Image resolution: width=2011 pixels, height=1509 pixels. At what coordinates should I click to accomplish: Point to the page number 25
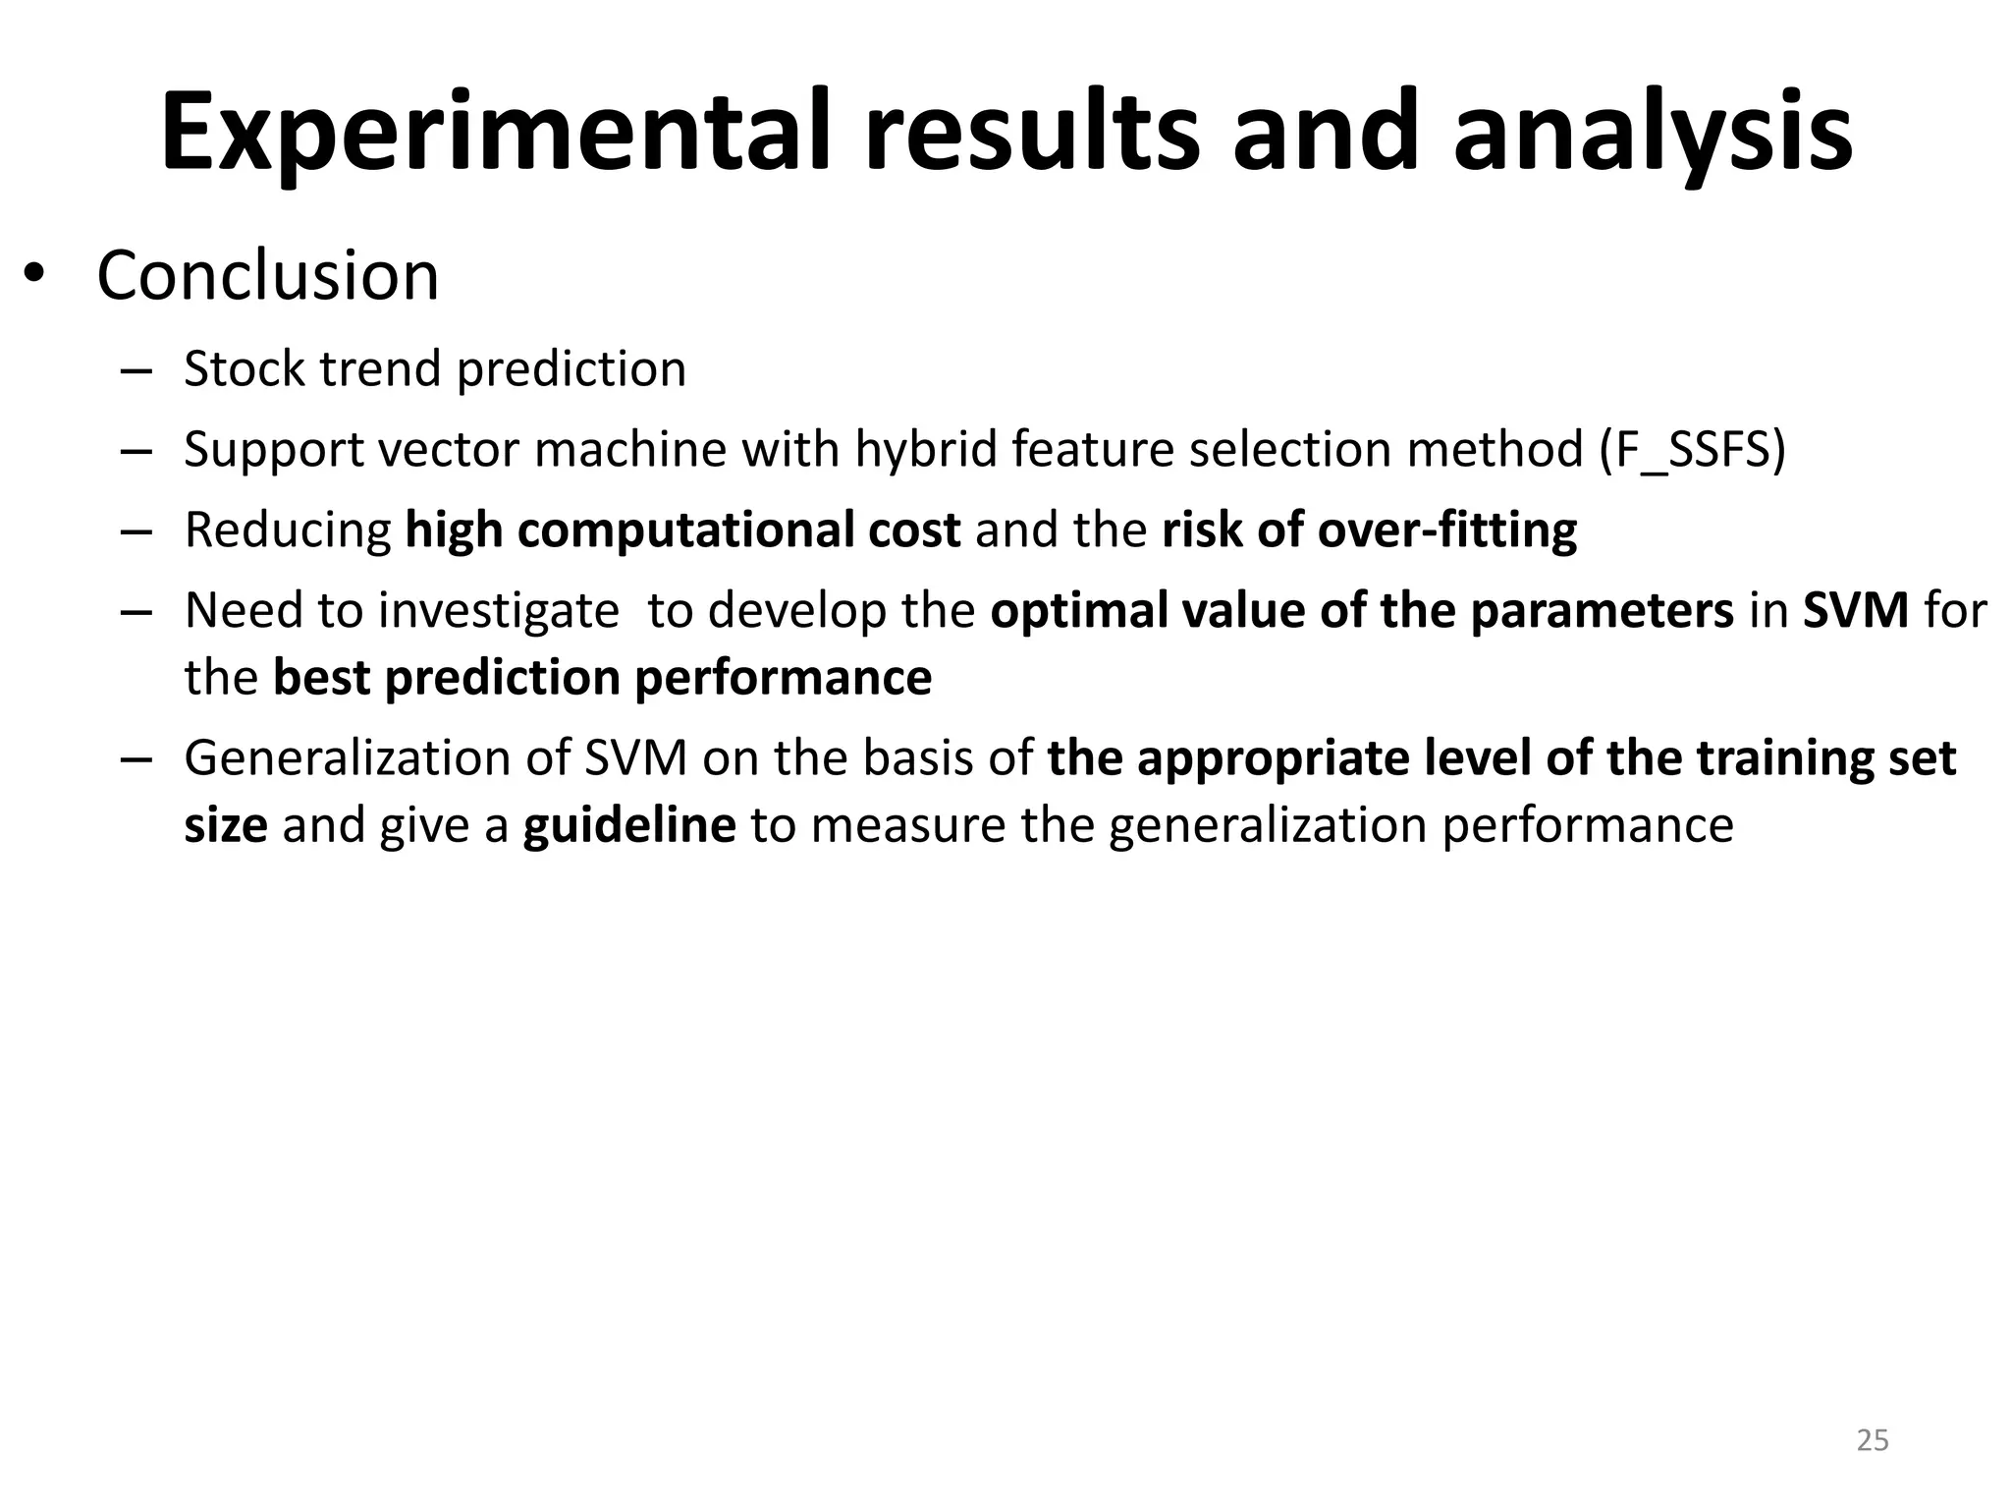(x=1873, y=1440)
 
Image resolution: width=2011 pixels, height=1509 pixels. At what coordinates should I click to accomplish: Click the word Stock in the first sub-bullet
(x=245, y=369)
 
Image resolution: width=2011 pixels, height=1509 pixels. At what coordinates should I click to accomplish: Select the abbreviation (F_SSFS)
(x=1692, y=450)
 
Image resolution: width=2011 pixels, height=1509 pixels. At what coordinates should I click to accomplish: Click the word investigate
(x=499, y=611)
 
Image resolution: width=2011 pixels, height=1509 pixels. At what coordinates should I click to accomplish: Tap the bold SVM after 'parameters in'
(x=1855, y=611)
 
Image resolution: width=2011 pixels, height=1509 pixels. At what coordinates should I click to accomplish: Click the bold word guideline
(x=628, y=825)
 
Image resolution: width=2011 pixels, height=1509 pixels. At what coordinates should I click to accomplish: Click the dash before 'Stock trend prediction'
(x=136, y=371)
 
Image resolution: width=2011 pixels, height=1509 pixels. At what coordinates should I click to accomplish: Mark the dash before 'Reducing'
(x=136, y=532)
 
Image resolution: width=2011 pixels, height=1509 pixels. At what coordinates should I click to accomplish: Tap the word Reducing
(x=288, y=531)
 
